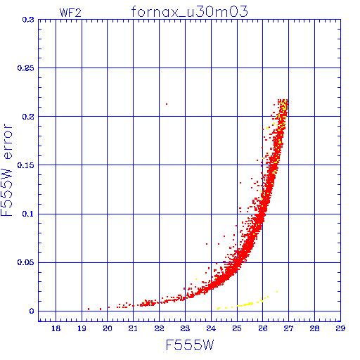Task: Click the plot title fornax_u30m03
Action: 189,12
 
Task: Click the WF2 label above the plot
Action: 70,13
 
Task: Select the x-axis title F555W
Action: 190,345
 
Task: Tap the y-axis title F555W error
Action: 6,169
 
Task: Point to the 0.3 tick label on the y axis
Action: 28,20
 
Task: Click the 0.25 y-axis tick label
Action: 26,68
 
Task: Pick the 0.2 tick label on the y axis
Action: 28,117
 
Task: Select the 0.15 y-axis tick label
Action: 26,165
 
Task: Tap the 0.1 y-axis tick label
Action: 28,214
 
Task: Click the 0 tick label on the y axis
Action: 32,311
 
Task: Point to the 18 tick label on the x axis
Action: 56,328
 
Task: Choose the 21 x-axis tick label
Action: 133,328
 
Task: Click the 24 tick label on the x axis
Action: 211,328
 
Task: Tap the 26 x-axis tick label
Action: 263,328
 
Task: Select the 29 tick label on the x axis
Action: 340,328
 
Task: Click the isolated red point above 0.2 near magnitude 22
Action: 167,104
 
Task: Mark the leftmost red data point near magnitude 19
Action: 89,309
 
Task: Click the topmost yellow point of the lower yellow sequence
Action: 277,292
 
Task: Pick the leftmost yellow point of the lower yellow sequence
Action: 218,309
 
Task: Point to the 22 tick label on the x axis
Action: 159,328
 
